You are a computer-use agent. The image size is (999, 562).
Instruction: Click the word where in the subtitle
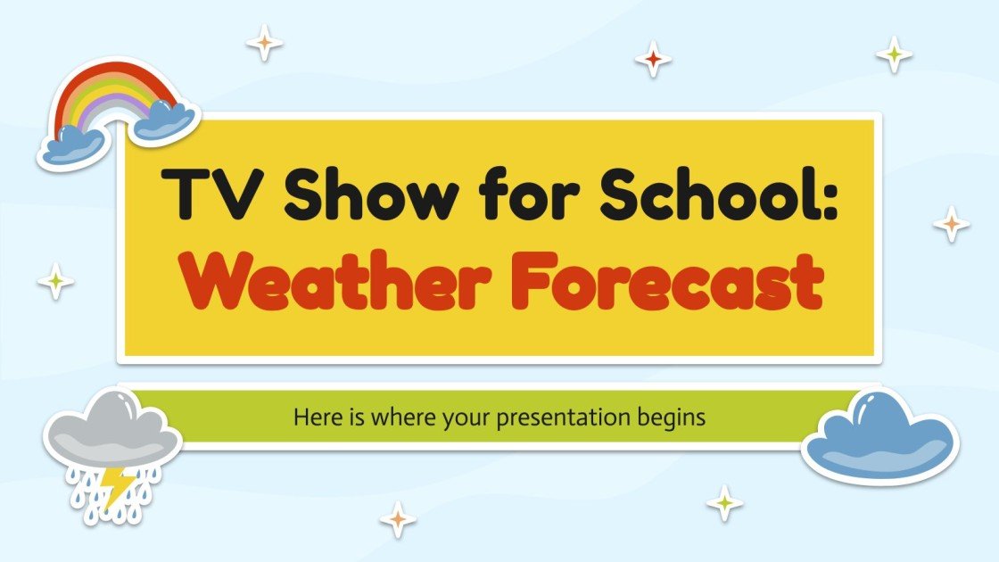pos(394,417)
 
